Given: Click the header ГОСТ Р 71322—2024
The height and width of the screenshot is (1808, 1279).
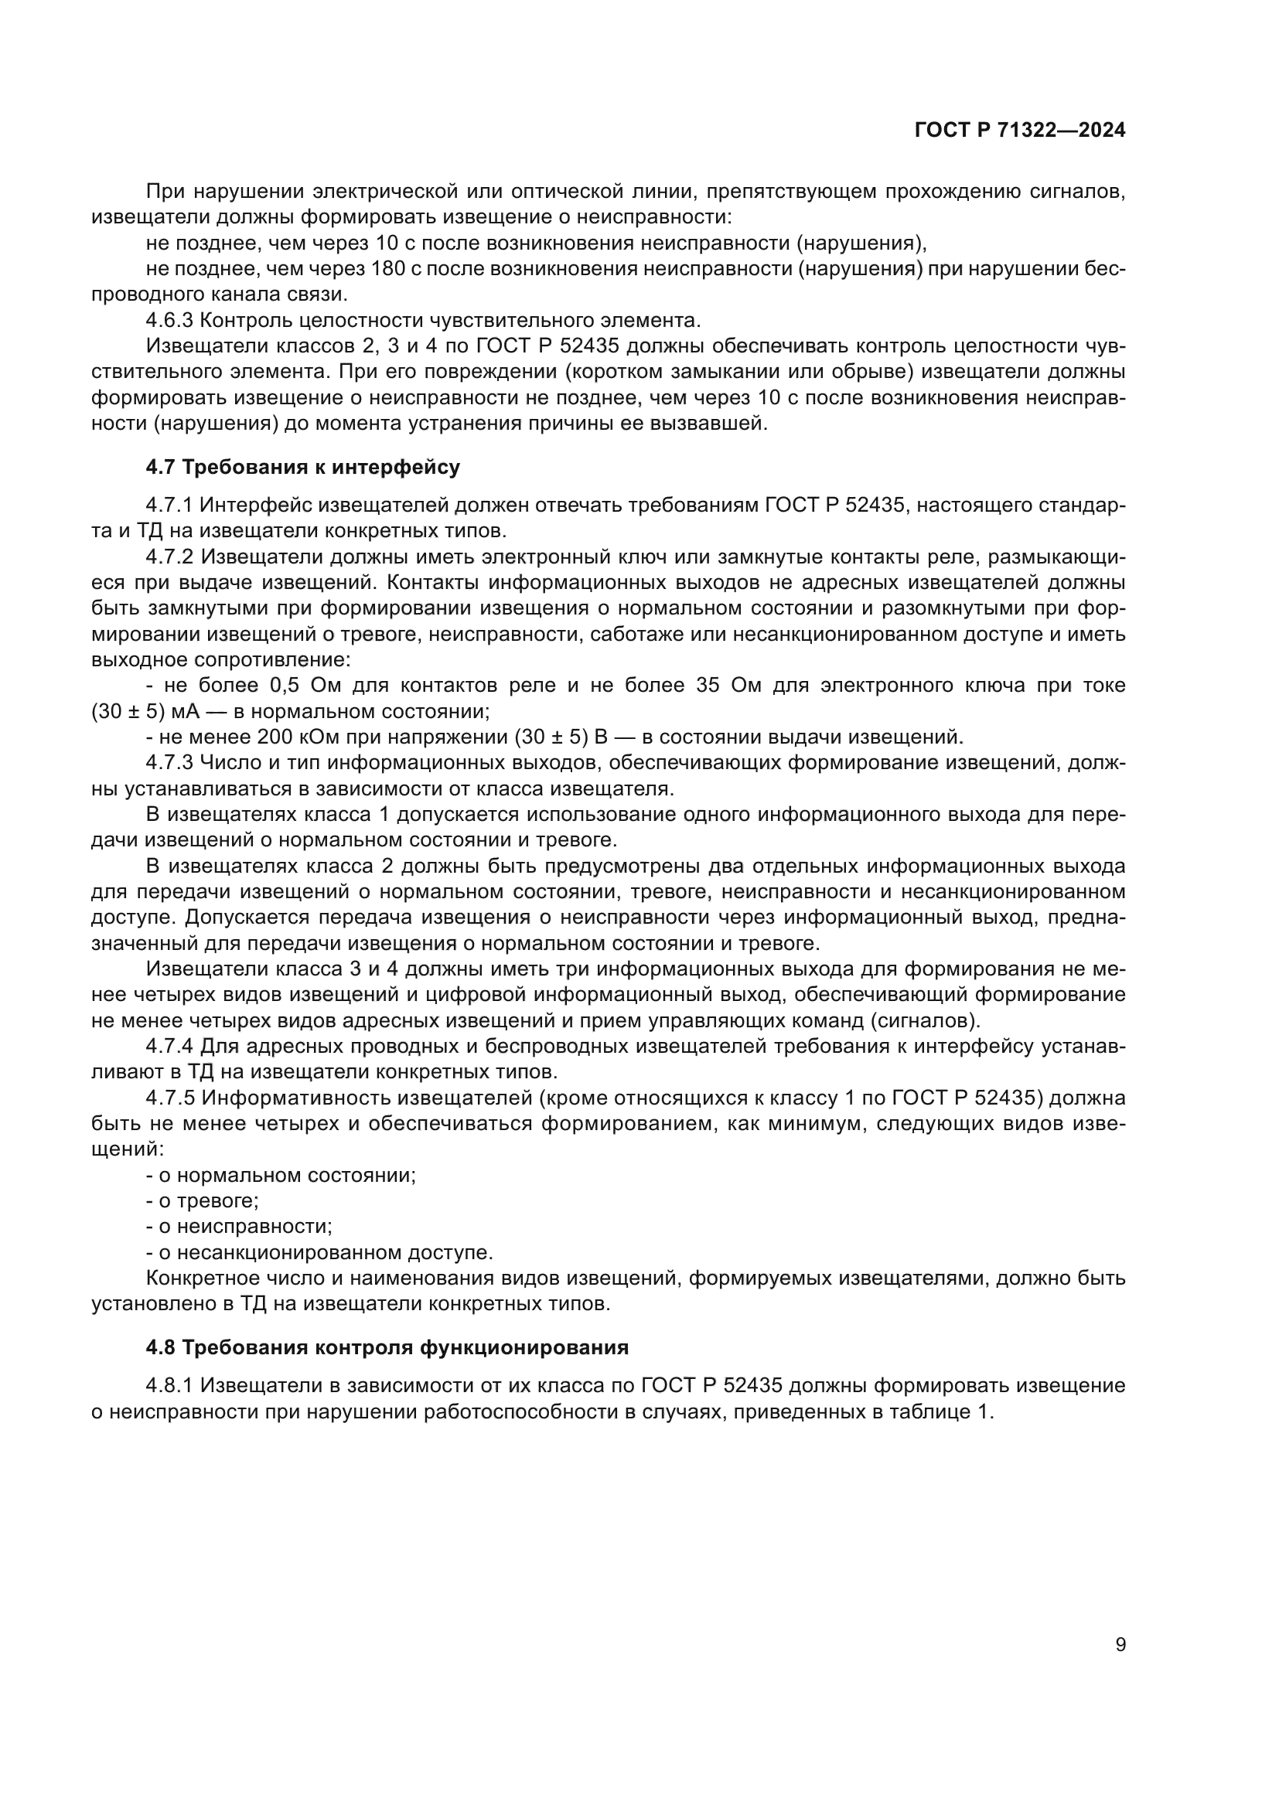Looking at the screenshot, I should pyautogui.click(x=1020, y=131).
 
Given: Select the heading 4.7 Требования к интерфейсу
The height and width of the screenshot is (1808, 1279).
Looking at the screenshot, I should pyautogui.click(x=302, y=467).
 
